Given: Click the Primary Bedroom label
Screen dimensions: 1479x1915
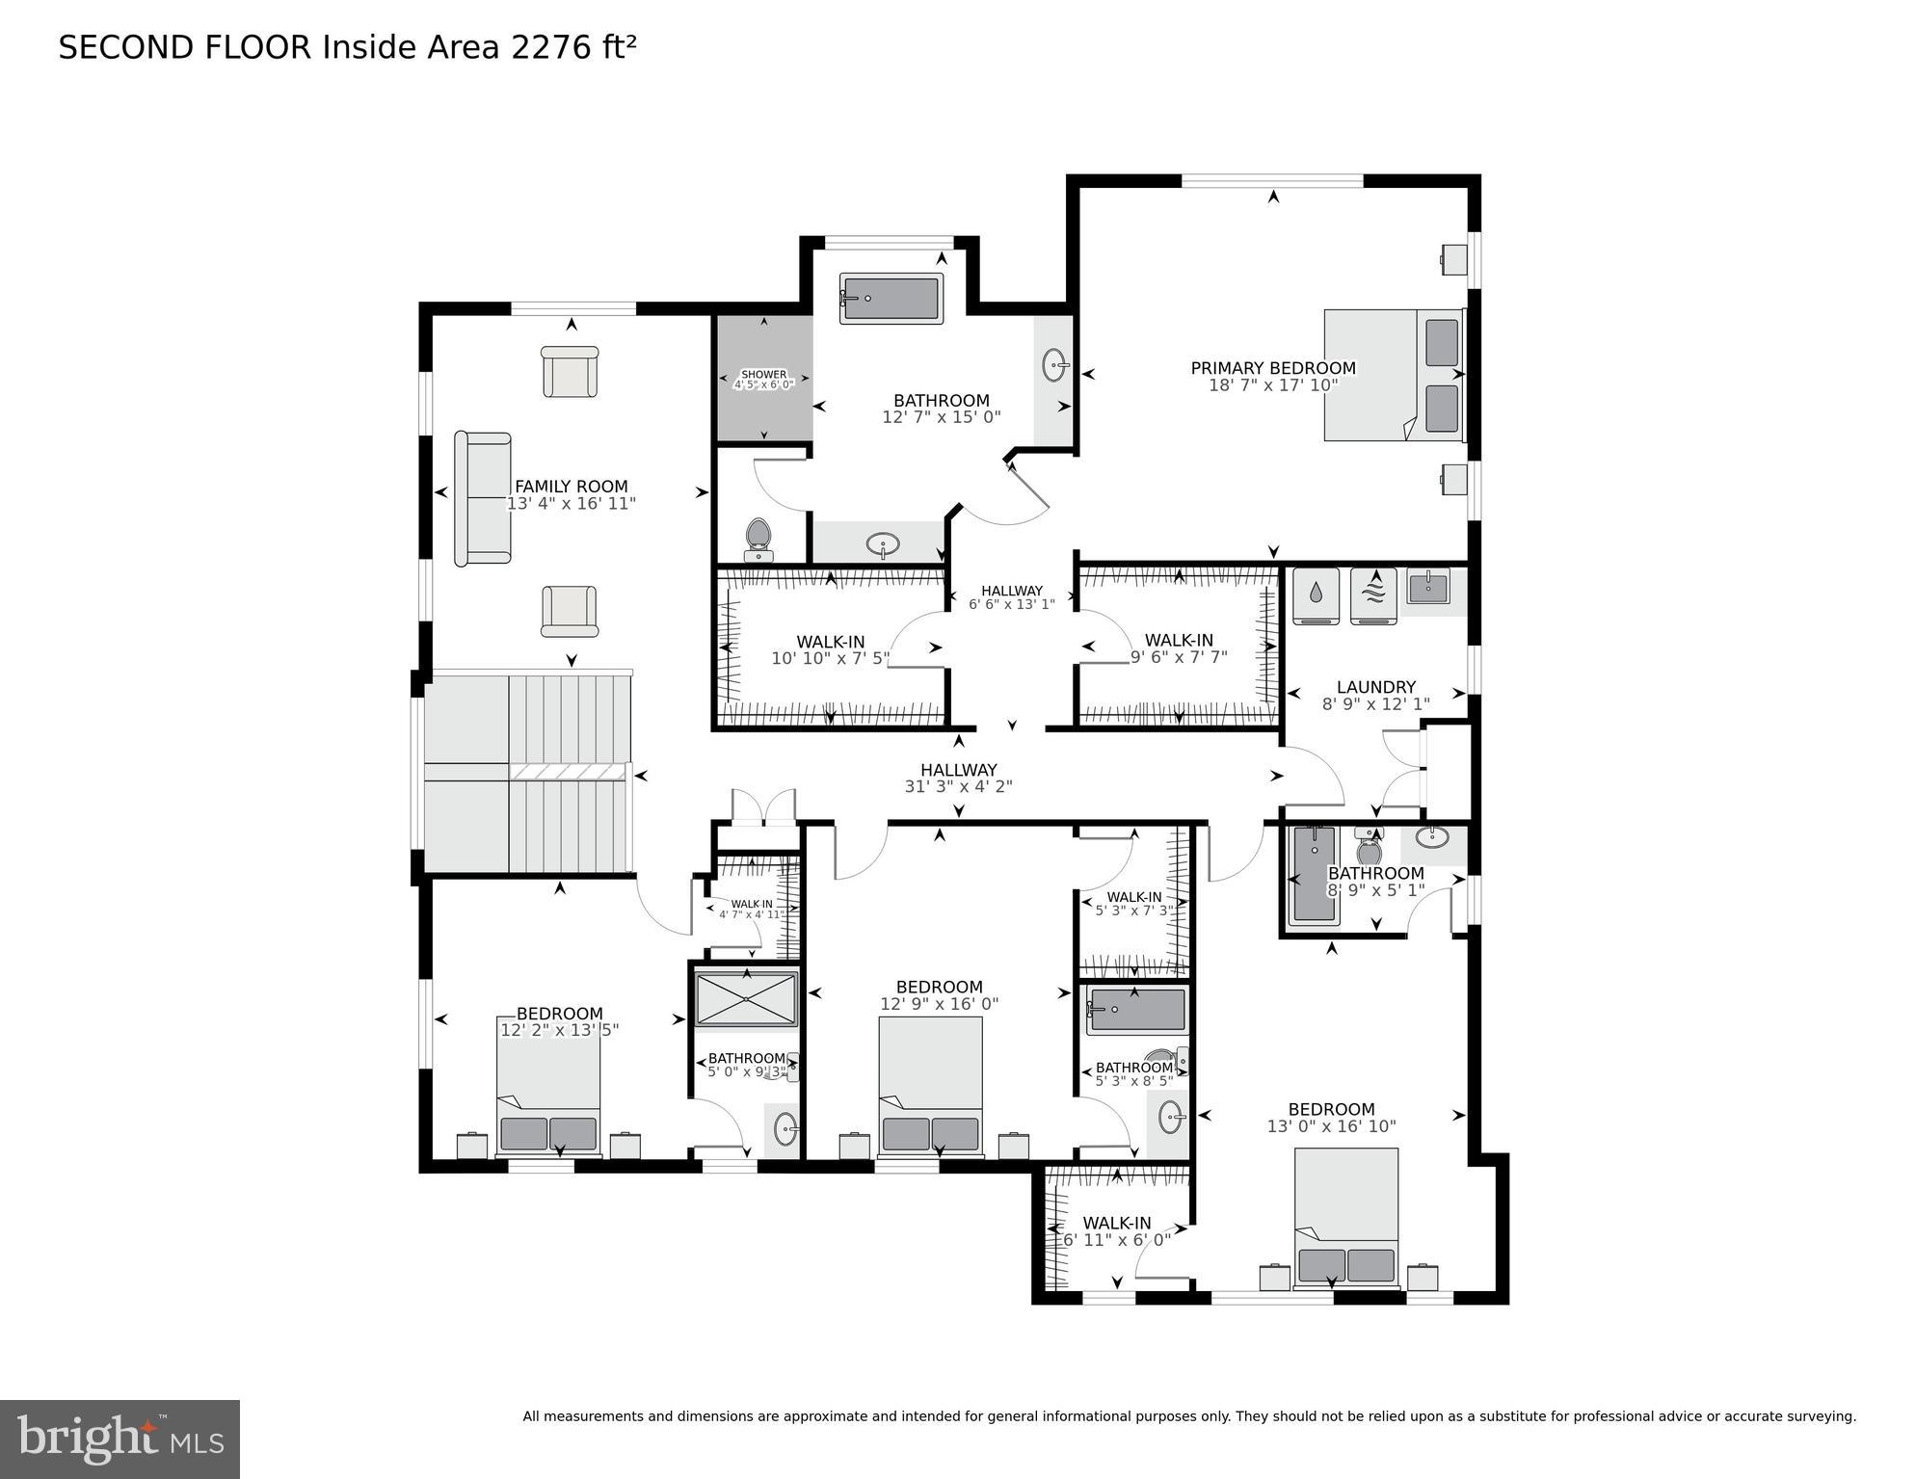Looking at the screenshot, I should (x=1272, y=376).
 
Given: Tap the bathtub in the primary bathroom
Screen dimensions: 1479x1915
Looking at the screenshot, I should (x=890, y=299).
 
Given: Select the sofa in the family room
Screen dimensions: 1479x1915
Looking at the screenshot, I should (x=482, y=498).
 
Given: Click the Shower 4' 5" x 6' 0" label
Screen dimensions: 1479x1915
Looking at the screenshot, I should (x=763, y=380).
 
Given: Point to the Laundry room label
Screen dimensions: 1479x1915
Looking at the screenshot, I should (x=1375, y=695).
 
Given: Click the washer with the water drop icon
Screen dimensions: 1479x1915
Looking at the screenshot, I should (x=1316, y=596).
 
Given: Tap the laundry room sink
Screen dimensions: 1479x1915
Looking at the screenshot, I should (x=1427, y=586).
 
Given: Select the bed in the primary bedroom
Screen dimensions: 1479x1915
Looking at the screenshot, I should (x=1393, y=375).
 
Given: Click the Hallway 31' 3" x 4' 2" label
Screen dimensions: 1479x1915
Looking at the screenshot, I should (x=958, y=778).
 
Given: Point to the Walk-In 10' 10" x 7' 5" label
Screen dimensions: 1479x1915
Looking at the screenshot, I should (x=830, y=650).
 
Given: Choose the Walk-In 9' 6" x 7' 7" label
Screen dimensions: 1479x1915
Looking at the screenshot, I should (x=1178, y=648).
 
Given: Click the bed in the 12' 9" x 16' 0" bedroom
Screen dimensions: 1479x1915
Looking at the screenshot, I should (x=930, y=1085).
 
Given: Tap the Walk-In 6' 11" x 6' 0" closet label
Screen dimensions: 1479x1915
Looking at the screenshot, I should (x=1116, y=1231).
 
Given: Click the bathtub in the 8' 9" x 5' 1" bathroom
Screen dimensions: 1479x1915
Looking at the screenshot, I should (x=1314, y=874).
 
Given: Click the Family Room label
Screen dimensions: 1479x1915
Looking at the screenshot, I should (x=571, y=494).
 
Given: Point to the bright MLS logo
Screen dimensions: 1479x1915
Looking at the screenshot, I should (x=120, y=1439).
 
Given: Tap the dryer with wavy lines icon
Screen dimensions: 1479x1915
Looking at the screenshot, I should (x=1373, y=596).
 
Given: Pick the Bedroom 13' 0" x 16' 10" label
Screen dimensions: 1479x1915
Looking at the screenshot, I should (x=1331, y=1118).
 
